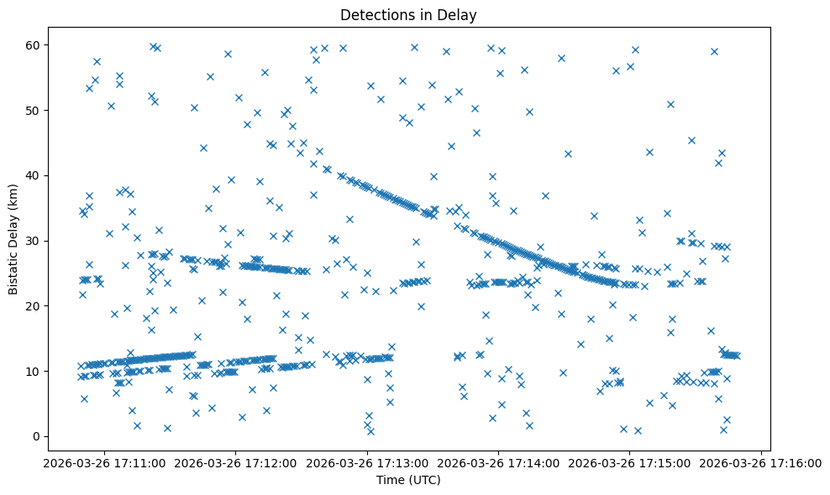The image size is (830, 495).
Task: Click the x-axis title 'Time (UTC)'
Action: (407, 480)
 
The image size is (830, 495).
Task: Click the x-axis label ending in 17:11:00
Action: (105, 462)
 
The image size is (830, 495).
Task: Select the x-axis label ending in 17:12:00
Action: (236, 462)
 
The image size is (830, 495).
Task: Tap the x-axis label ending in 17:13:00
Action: (367, 462)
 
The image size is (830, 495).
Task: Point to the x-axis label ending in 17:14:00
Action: (498, 462)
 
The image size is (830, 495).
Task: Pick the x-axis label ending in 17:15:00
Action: (629, 462)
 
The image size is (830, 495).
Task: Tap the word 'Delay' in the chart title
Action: (459, 14)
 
